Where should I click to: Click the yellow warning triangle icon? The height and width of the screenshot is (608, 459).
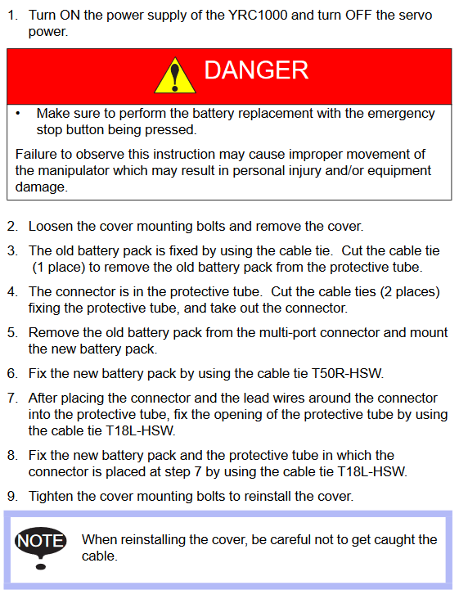tap(175, 76)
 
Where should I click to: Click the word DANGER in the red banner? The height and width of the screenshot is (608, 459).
tap(256, 70)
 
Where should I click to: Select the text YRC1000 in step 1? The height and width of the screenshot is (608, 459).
tap(258, 15)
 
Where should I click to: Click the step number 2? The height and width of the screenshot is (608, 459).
tap(12, 227)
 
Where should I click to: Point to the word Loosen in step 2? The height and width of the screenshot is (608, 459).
tap(51, 227)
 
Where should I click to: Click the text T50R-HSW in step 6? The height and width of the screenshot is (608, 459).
tap(348, 373)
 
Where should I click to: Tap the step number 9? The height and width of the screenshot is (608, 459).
tap(12, 497)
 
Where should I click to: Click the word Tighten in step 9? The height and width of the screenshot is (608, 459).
tap(52, 497)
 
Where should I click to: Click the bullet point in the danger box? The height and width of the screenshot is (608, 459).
tap(18, 114)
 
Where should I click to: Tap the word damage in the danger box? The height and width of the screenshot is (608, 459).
tap(41, 187)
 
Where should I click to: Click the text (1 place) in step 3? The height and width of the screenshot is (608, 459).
tap(59, 268)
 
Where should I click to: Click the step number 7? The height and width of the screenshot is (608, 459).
tap(12, 399)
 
